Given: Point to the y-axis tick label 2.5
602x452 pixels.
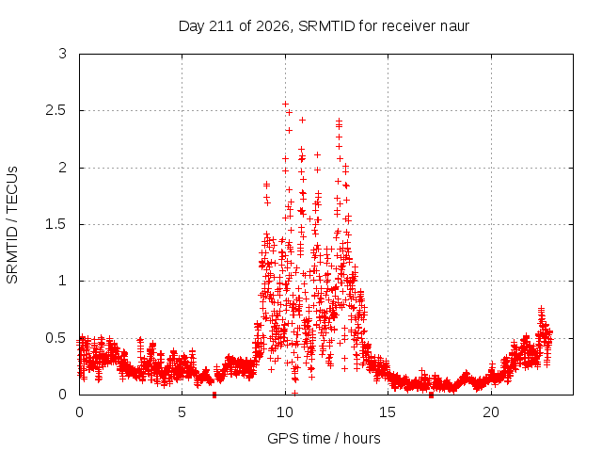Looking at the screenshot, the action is point(56,111).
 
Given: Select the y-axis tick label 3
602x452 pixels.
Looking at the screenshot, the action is point(63,54).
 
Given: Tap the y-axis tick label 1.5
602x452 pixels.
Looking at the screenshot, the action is point(56,224).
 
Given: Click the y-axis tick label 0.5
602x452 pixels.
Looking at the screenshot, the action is point(56,338).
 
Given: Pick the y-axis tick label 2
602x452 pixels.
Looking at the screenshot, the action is point(63,168).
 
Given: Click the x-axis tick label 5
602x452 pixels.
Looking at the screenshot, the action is point(182,412).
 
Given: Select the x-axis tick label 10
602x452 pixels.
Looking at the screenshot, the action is point(285,412).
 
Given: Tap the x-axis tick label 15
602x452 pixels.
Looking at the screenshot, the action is point(388,412).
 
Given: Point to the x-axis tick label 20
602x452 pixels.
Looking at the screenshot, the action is point(491,412).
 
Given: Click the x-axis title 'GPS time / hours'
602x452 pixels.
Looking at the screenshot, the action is point(324,438).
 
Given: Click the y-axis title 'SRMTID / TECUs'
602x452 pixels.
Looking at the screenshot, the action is point(12,225).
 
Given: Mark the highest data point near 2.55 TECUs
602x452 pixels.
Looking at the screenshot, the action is point(285,105).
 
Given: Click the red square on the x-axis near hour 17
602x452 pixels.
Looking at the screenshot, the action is point(431,395).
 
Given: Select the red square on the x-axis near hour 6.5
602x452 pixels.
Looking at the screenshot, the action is point(214,395).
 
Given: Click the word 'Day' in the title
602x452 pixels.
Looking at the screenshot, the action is point(191,27).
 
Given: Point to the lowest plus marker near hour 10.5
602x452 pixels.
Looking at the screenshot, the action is point(294,393).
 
